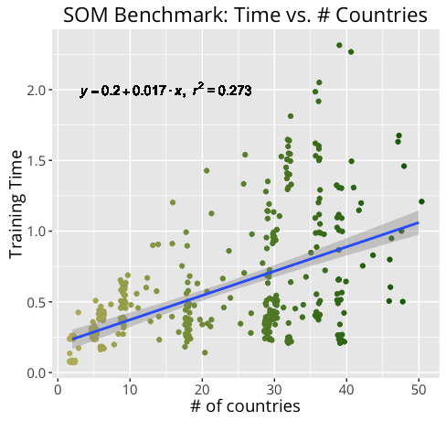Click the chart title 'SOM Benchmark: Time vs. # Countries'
click(x=245, y=15)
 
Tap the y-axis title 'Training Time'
click(x=16, y=204)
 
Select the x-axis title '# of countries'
click(x=245, y=406)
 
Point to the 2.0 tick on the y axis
click(x=37, y=91)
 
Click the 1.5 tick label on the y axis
click(x=37, y=161)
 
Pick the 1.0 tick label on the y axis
click(x=37, y=232)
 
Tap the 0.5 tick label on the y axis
click(x=37, y=302)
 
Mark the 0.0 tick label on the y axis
click(x=37, y=372)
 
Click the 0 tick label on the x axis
click(x=58, y=390)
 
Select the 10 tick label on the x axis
click(x=130, y=390)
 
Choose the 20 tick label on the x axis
click(x=202, y=390)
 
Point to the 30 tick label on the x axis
click(x=274, y=390)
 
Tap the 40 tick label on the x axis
click(x=346, y=390)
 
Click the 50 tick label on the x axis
click(x=419, y=390)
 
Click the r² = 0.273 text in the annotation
click(x=222, y=90)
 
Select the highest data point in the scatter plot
click(x=339, y=45)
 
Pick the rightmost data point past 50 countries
click(x=421, y=201)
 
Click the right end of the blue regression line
click(x=419, y=222)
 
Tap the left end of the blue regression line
click(x=72, y=339)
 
